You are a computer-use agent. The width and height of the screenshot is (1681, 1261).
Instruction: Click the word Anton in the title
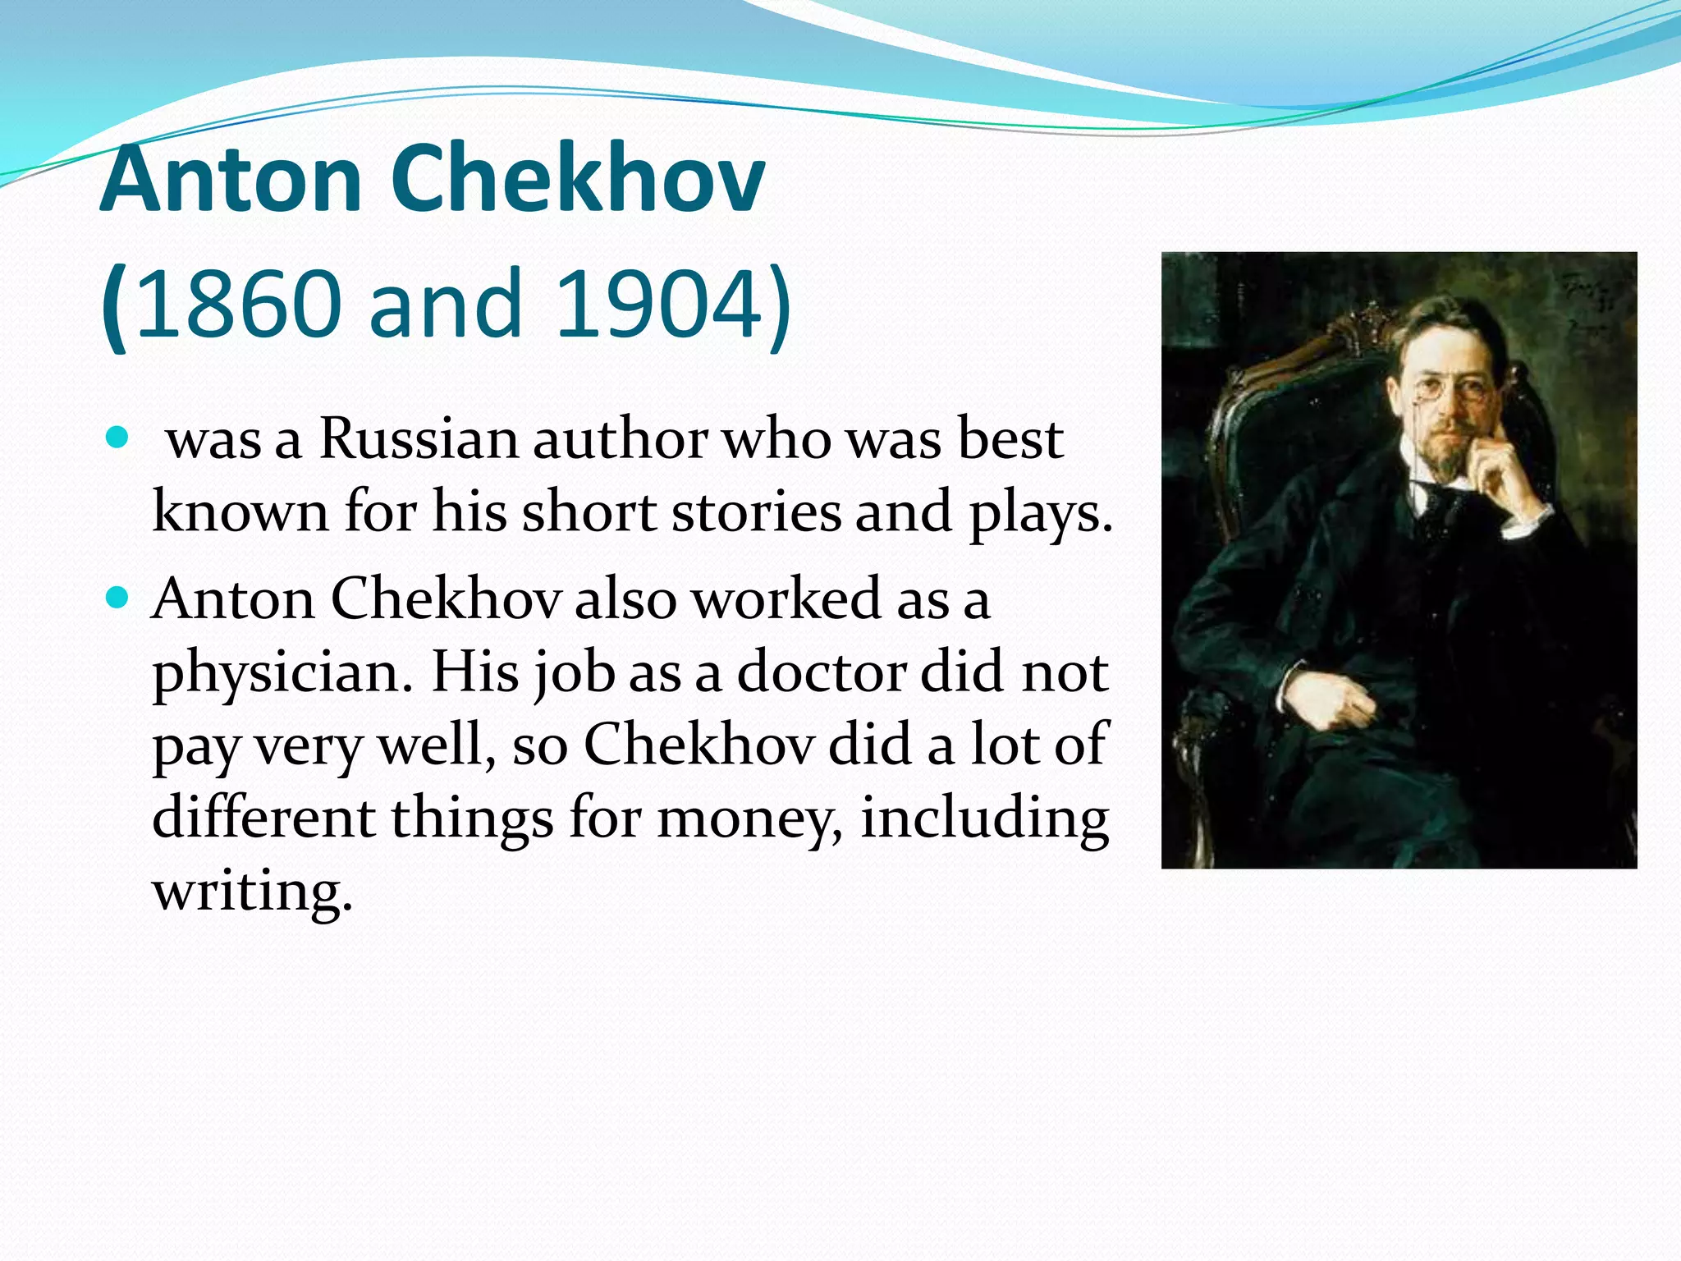point(231,179)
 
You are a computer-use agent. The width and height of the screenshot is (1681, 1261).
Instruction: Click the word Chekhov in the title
point(577,179)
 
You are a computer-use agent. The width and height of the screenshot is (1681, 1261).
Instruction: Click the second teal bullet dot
point(118,597)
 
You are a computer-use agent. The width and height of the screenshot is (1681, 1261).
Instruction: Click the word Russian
point(419,439)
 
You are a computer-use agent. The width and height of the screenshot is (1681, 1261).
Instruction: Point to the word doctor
point(821,672)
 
